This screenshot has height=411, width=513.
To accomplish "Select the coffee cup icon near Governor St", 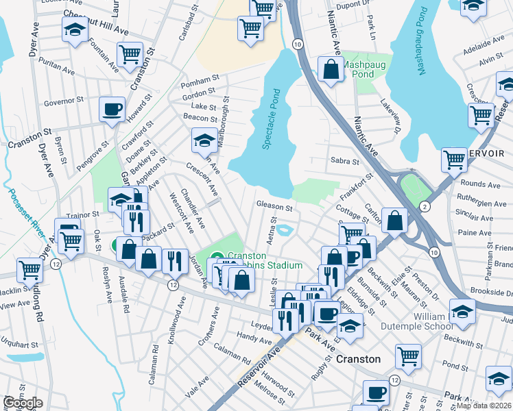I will click(112, 109).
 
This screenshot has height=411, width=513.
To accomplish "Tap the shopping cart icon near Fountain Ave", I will click(130, 54).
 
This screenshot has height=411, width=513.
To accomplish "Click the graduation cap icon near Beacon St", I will click(204, 140).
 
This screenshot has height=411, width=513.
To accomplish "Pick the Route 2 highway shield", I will click(425, 206).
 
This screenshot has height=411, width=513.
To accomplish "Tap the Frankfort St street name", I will click(356, 185).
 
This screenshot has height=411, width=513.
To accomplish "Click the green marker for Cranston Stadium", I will click(217, 258).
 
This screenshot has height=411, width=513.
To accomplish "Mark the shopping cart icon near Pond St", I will click(408, 356).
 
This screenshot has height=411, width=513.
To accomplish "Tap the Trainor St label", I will click(83, 214).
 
